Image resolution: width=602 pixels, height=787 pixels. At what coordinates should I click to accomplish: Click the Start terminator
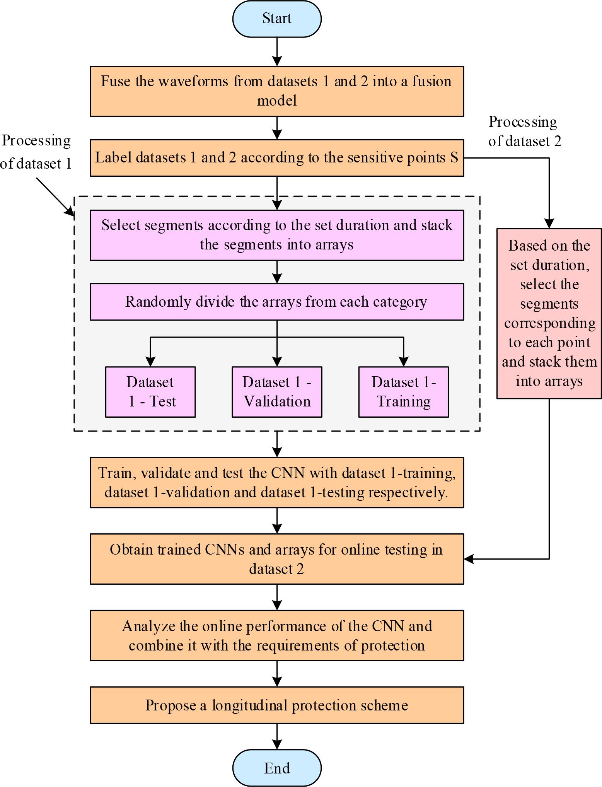pos(277,19)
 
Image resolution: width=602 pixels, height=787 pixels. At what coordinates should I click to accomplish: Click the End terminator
pos(277,768)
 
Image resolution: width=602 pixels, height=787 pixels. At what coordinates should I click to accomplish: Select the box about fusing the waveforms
pos(277,91)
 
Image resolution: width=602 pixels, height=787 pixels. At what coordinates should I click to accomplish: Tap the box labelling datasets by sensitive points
pos(277,158)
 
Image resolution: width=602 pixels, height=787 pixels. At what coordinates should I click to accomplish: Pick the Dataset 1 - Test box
pos(150,392)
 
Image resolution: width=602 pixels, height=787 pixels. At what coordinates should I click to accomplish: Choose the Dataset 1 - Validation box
pos(277,392)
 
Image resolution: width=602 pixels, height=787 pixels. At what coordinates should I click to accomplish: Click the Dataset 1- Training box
pos(404,392)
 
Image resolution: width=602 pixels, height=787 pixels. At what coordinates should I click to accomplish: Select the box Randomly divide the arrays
pos(277,302)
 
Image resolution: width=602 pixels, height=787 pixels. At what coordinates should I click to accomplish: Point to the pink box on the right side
pos(549,313)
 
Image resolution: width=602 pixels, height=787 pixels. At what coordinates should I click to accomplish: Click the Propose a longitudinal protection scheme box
pos(277,705)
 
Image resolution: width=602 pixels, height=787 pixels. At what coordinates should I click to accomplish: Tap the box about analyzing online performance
pos(277,635)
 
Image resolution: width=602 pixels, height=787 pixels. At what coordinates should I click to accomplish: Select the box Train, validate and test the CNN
pos(277,482)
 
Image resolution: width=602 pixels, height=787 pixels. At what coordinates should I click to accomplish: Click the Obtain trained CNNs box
pos(277,559)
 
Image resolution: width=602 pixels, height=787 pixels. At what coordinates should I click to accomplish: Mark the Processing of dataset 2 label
pos(524,131)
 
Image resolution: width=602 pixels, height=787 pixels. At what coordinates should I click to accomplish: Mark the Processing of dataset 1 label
pos(36,152)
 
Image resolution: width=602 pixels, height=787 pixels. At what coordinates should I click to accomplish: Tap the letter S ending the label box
pos(454,158)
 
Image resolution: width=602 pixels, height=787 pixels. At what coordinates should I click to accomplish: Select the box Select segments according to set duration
pos(277,235)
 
